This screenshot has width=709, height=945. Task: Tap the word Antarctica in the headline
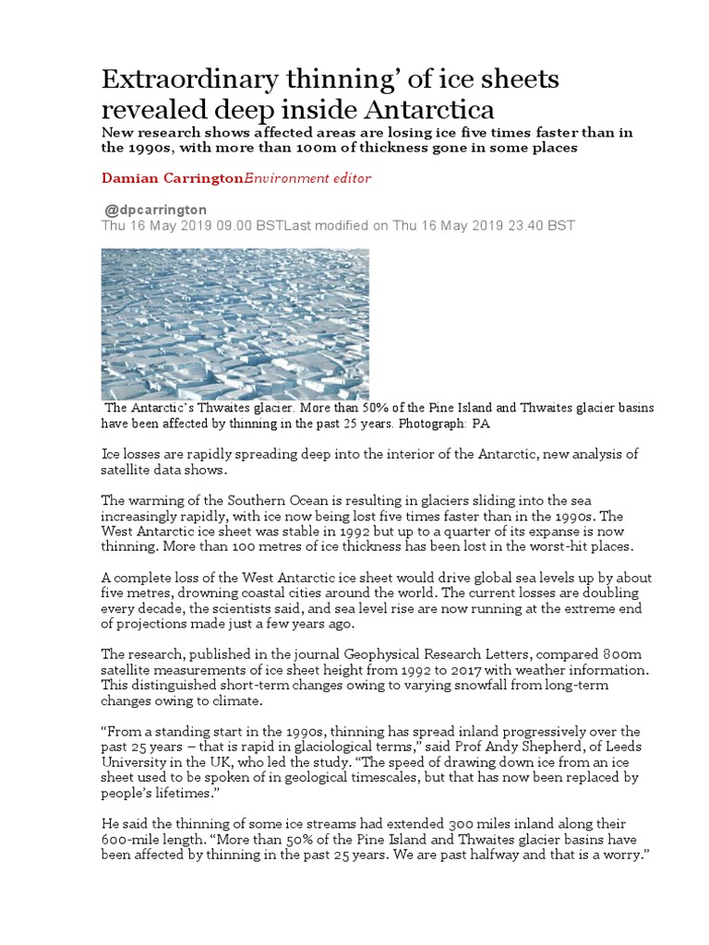[427, 109]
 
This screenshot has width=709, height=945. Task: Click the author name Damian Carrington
[171, 177]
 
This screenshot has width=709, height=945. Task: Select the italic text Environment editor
[294, 177]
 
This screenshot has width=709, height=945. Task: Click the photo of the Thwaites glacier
[235, 324]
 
